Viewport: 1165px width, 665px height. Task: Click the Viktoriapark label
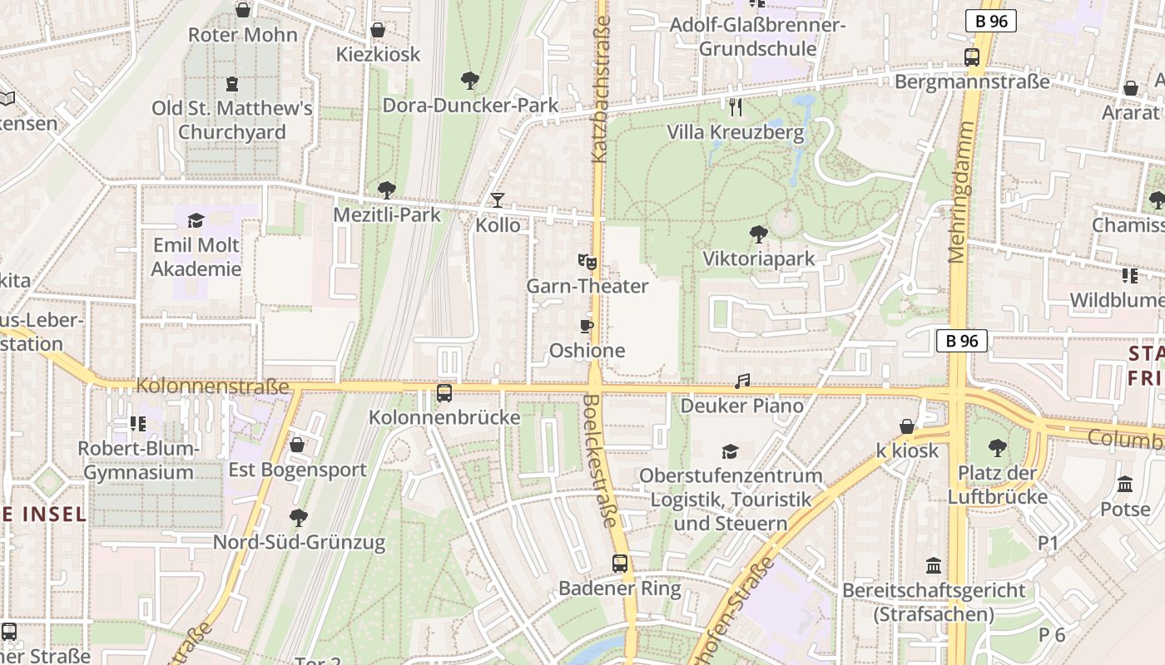[759, 259]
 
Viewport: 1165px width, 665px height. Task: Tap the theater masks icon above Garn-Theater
[587, 261]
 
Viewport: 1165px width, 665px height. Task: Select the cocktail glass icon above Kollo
[498, 199]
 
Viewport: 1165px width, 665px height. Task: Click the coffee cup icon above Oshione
[587, 326]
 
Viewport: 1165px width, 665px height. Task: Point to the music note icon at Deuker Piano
[742, 382]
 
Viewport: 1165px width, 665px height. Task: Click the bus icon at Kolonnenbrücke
[444, 392]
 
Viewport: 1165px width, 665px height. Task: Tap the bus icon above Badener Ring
[620, 564]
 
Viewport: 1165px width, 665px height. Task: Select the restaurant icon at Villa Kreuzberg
[735, 106]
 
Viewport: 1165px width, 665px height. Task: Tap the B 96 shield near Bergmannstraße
[990, 22]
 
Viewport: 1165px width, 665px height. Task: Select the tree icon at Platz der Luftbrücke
[998, 449]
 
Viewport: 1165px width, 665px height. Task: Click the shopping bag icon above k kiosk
[907, 426]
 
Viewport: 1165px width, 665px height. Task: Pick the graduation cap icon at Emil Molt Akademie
[196, 220]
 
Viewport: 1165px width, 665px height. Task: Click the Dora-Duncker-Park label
[470, 106]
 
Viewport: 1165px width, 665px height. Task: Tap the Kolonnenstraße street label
[212, 387]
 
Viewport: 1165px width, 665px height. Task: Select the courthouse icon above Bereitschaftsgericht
[934, 565]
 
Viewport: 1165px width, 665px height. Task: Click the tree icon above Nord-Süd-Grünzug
[299, 518]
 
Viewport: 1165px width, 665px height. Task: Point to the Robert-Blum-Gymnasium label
[139, 461]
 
